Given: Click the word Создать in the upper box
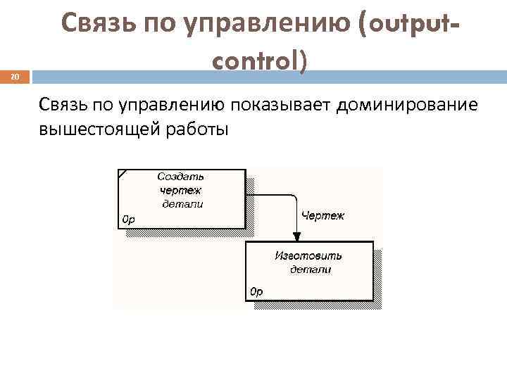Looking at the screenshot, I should pos(181,177).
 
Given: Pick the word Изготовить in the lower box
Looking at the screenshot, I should pos(308,255).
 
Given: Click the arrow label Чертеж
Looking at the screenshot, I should pos(323,215).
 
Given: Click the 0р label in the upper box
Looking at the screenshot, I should pos(129,219).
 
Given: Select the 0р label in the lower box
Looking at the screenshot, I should pos(256,291).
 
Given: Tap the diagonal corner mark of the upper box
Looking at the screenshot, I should pos(123,174).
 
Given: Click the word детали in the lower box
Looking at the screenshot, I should pos(310,269).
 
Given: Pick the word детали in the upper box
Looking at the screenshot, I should pos(182,204).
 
